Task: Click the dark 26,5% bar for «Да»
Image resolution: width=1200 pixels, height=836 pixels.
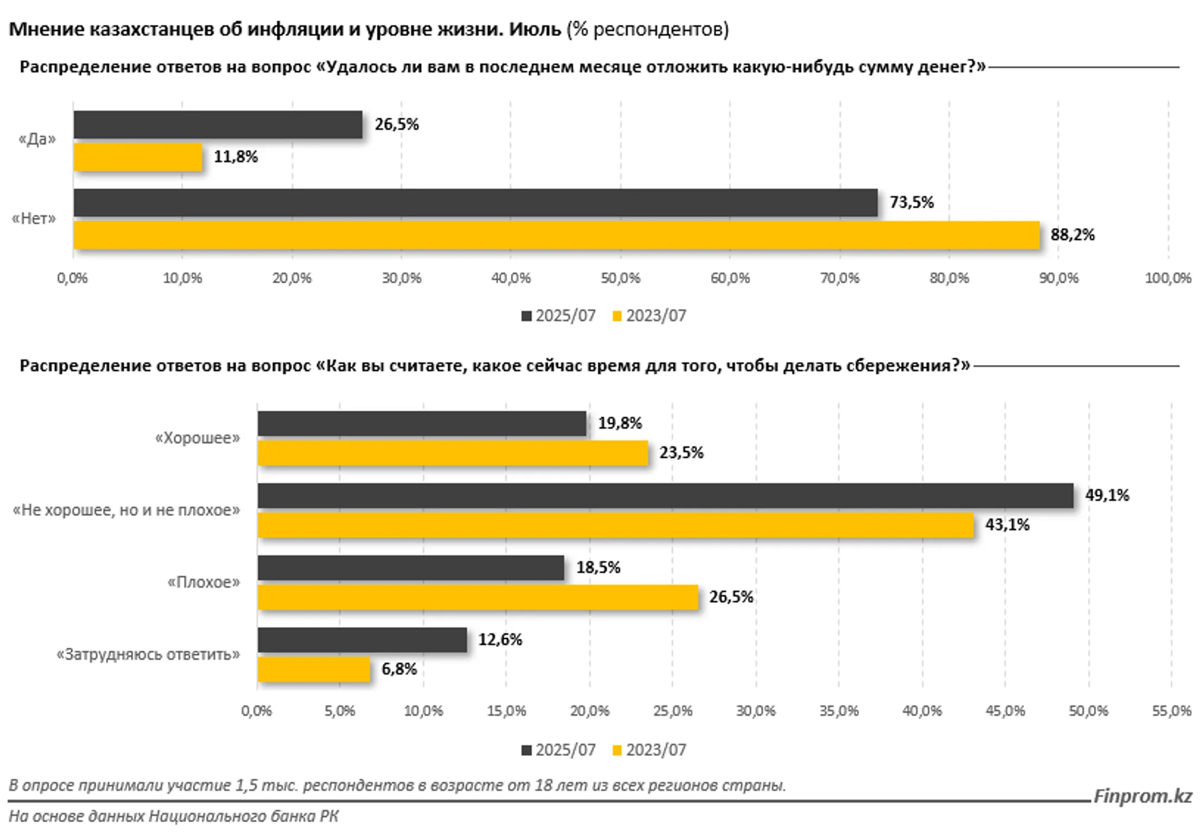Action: (x=218, y=124)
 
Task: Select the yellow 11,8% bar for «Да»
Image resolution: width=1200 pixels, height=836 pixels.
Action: (x=138, y=157)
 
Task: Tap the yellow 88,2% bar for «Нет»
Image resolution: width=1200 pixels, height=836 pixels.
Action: (x=556, y=235)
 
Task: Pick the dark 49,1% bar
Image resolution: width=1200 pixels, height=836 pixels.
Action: (x=665, y=495)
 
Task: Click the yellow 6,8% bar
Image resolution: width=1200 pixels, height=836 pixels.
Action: (x=314, y=669)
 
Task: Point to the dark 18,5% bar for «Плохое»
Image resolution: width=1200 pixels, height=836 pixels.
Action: (x=411, y=568)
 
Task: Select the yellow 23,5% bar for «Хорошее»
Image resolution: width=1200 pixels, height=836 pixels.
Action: (x=453, y=453)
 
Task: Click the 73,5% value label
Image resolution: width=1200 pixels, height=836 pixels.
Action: (x=912, y=202)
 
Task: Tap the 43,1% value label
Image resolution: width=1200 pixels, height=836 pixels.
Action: (x=1007, y=525)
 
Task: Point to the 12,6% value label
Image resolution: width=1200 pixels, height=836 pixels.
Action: (x=500, y=640)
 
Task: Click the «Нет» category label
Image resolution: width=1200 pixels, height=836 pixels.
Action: (x=34, y=219)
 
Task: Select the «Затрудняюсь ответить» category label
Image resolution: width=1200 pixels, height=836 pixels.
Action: (x=148, y=654)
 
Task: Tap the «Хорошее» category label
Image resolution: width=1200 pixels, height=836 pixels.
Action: (x=198, y=438)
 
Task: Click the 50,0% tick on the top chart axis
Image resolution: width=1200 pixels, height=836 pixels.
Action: (x=621, y=278)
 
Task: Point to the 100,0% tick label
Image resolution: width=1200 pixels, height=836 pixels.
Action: (x=1168, y=278)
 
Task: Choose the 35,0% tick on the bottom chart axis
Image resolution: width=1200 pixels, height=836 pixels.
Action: (x=839, y=711)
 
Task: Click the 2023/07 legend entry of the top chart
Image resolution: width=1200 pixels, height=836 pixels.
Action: (x=649, y=316)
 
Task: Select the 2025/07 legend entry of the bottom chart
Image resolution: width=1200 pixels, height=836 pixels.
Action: (x=558, y=750)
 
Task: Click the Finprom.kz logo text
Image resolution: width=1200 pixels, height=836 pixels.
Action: (x=1143, y=797)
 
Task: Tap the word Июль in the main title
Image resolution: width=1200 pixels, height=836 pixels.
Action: (x=535, y=29)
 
